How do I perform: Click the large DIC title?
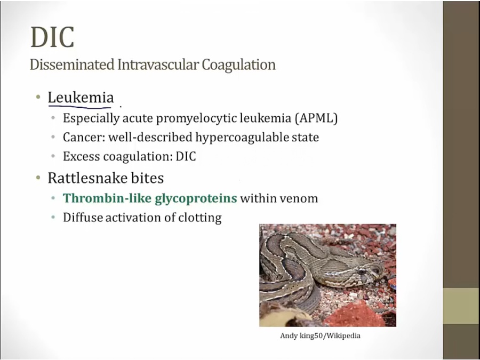pyautogui.click(x=52, y=37)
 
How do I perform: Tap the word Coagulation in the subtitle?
pyautogui.click(x=238, y=65)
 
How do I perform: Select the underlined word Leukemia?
pyautogui.click(x=81, y=98)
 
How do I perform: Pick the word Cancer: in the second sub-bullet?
pyautogui.click(x=84, y=137)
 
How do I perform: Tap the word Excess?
pyautogui.click(x=81, y=156)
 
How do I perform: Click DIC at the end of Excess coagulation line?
pyautogui.click(x=186, y=156)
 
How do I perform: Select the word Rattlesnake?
pyautogui.click(x=87, y=178)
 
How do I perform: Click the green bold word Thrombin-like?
pyautogui.click(x=107, y=198)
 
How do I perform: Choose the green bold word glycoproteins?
pyautogui.click(x=196, y=199)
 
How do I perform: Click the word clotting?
pyautogui.click(x=200, y=218)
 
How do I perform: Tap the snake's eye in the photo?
pyautogui.click(x=362, y=271)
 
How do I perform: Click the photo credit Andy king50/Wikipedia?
pyautogui.click(x=320, y=336)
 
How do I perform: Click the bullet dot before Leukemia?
pyautogui.click(x=38, y=98)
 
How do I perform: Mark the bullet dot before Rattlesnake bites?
pyautogui.click(x=38, y=178)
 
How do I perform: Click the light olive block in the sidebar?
pyautogui.click(x=461, y=306)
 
